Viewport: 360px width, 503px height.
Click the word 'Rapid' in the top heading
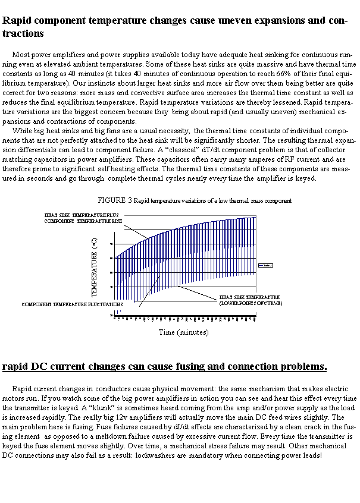pos(18,20)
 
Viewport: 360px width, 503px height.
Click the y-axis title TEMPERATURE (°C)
pos(95,268)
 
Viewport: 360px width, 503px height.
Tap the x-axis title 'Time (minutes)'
pos(183,332)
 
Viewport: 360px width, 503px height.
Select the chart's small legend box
pos(265,265)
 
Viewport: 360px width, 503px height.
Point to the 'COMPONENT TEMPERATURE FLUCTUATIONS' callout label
pos(72,304)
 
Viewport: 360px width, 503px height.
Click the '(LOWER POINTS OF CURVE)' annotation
pos(251,303)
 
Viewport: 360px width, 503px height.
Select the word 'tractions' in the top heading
pos(23,33)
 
